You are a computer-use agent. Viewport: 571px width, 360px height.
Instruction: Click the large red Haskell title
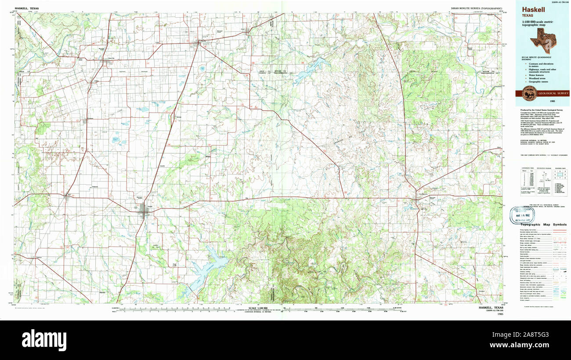pyautogui.click(x=533, y=9)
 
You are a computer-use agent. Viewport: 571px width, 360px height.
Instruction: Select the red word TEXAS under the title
pyautogui.click(x=528, y=15)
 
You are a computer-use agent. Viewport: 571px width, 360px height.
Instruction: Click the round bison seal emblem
pyautogui.click(x=528, y=93)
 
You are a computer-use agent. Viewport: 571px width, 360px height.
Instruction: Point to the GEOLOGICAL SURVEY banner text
pyautogui.click(x=551, y=93)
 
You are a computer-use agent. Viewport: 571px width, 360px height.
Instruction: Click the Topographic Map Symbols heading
pyautogui.click(x=543, y=225)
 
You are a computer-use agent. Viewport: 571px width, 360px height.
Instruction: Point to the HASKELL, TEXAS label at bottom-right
pyautogui.click(x=491, y=308)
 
